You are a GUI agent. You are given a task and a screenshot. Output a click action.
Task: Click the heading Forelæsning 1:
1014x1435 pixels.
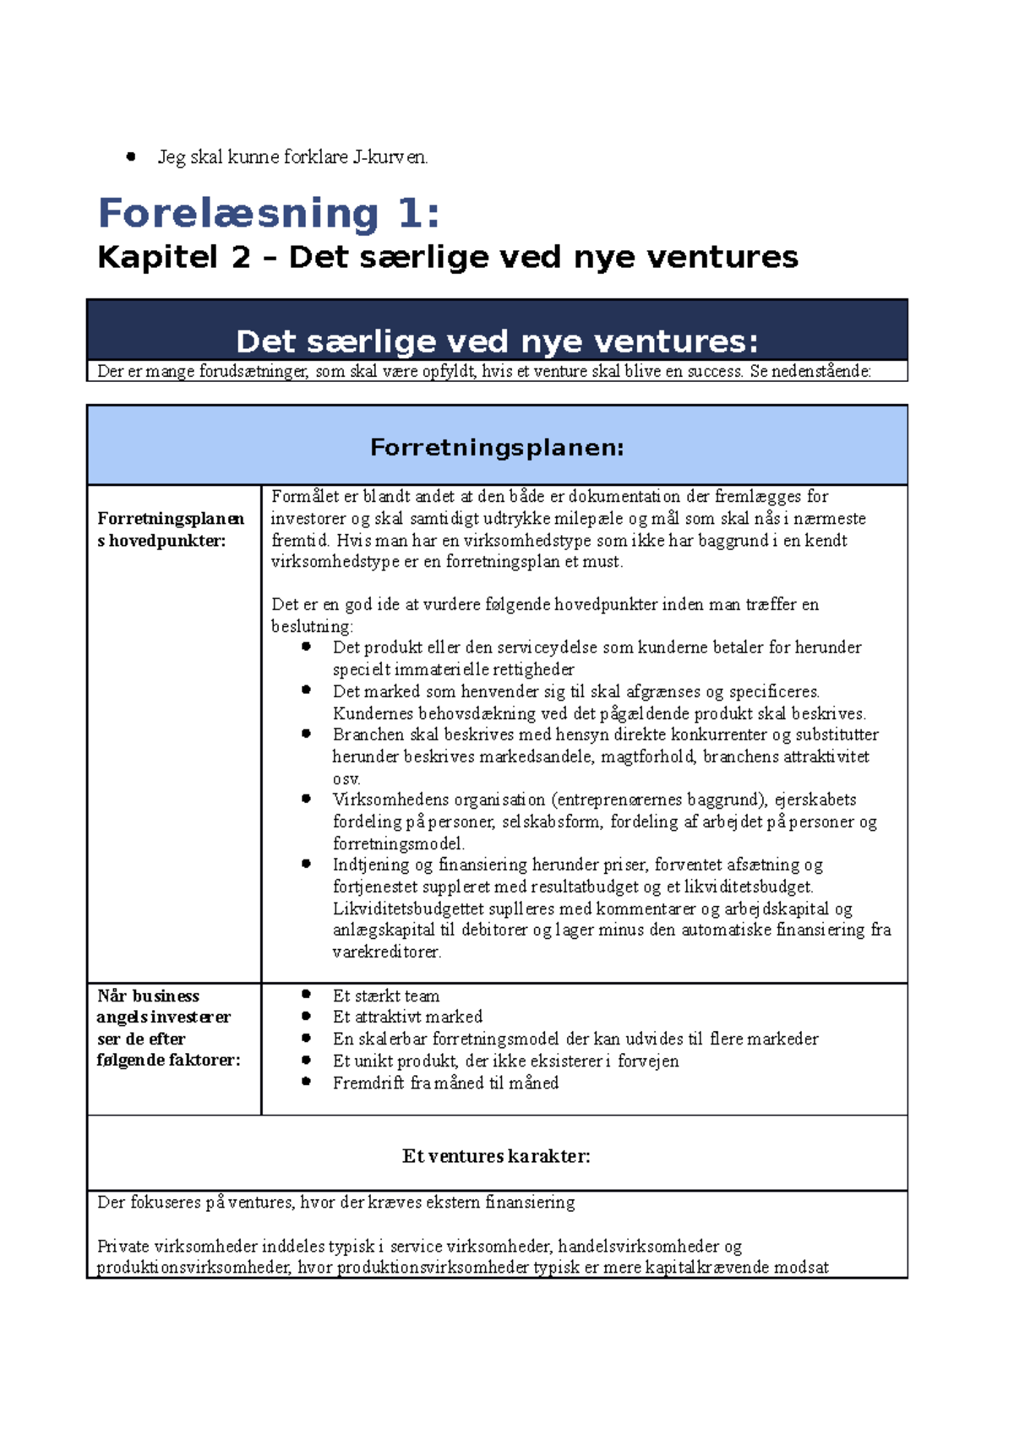269,212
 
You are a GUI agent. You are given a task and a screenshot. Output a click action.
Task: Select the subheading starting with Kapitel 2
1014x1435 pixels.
447,257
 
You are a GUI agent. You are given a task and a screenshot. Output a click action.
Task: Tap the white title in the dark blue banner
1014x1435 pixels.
496,341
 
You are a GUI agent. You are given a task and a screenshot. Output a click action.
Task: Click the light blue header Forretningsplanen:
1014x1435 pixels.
496,447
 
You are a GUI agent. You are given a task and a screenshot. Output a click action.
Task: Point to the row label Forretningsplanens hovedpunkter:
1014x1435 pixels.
170,529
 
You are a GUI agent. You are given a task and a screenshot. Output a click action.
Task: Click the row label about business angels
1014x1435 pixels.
167,1028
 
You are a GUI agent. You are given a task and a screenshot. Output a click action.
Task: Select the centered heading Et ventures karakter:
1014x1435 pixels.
496,1156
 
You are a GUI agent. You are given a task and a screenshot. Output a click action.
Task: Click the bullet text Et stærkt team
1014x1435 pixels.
385,996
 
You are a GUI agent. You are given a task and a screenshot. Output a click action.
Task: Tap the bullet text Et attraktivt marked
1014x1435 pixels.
406,1018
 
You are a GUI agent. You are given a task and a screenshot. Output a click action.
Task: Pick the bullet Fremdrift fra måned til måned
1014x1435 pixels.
444,1083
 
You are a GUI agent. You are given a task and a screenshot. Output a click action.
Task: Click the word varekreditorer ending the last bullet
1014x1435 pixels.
385,952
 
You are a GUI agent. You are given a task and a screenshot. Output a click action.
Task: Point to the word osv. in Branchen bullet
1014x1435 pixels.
346,779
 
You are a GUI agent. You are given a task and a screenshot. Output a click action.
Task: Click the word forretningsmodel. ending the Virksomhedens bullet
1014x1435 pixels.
398,843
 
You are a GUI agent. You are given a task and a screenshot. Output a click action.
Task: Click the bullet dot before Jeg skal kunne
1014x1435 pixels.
131,156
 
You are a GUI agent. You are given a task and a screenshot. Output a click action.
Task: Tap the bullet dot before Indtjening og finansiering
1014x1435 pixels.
306,864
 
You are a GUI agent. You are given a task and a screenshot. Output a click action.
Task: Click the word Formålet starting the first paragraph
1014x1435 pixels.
300,497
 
